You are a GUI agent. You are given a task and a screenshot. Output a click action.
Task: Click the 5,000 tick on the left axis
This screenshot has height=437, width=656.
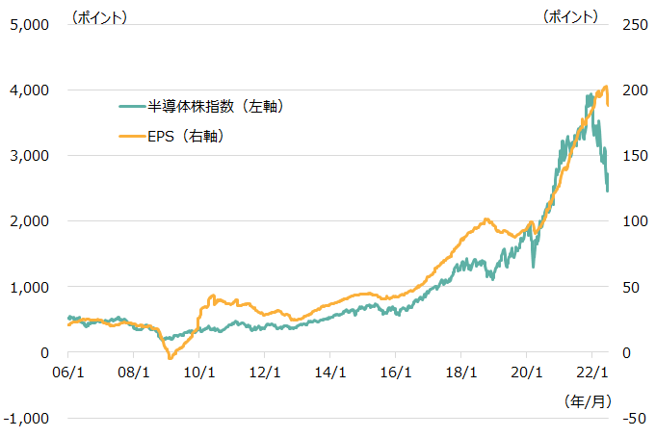point(29,24)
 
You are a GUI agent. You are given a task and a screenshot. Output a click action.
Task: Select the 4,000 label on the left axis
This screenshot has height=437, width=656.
point(29,90)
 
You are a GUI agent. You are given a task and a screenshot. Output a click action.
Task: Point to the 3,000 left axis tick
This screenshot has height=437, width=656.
point(29,155)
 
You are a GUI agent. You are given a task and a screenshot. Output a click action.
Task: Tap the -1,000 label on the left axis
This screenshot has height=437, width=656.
point(26,418)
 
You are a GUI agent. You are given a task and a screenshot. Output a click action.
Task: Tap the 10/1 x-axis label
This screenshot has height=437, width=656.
point(199,371)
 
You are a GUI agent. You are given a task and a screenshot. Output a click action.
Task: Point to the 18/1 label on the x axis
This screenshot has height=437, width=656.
point(461,371)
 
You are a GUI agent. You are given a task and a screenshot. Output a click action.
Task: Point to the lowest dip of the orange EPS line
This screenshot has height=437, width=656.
point(171,358)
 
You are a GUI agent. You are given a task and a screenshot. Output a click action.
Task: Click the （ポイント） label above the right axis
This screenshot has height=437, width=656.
point(569,16)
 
